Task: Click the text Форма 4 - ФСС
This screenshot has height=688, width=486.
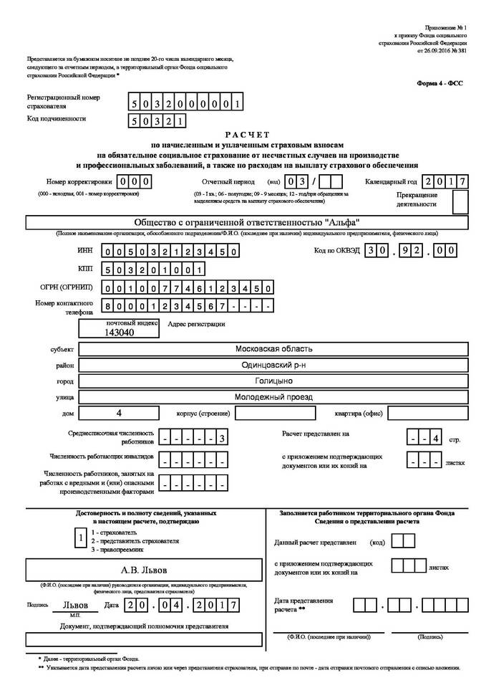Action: click(439, 83)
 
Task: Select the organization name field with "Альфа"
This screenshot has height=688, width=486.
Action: click(247, 222)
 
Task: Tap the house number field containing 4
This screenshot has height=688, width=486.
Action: click(119, 414)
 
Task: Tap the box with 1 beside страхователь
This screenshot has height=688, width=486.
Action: click(81, 537)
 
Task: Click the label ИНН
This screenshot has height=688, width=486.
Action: click(84, 252)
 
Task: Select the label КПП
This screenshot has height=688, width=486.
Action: click(85, 269)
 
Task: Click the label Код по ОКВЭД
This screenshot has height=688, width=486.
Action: click(335, 251)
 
